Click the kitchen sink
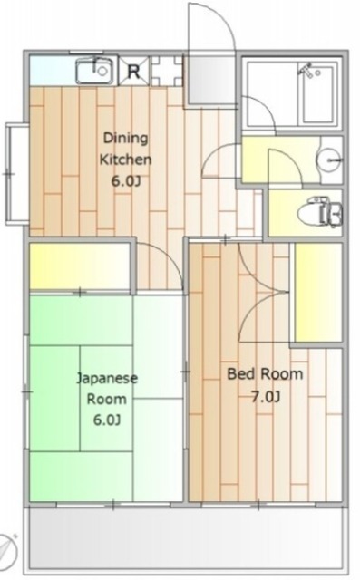93,70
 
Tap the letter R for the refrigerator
134,71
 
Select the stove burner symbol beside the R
167,71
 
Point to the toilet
323,213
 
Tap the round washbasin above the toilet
329,162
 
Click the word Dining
124,139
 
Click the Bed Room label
265,374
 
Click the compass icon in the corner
8,547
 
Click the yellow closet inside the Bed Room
316,292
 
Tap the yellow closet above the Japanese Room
81,266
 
